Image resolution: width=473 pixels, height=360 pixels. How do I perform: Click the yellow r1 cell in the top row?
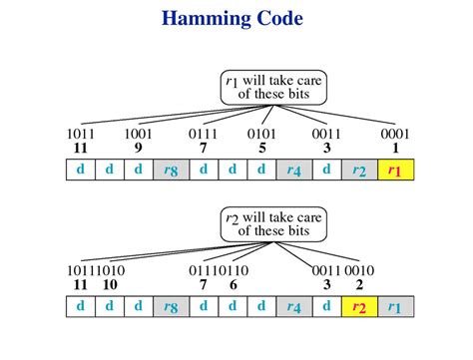[x=395, y=171]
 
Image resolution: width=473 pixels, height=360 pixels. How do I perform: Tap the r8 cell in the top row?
[x=172, y=171]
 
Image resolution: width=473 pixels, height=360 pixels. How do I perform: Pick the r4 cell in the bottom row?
[x=293, y=306]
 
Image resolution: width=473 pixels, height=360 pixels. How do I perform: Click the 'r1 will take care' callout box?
[x=273, y=87]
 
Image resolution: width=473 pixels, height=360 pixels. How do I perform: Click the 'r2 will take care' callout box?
[x=273, y=223]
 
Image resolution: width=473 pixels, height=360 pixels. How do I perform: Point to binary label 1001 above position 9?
[x=139, y=135]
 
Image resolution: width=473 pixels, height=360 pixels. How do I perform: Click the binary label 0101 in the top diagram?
[x=261, y=135]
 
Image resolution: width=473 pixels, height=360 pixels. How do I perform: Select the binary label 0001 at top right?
[x=395, y=135]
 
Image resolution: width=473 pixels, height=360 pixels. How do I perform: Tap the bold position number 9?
[x=139, y=148]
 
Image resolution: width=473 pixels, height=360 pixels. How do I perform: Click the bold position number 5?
[x=261, y=148]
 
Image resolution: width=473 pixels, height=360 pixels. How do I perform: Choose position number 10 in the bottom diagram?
[x=110, y=284]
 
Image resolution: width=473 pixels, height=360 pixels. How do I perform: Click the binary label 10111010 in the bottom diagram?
[x=96, y=270]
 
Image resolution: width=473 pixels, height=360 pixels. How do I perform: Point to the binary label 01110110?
[x=219, y=270]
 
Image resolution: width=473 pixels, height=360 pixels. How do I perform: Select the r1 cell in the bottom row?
[x=395, y=306]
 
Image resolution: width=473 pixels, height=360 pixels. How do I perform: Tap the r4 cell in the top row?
[x=293, y=171]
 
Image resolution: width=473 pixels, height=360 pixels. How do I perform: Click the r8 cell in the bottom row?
[x=172, y=306]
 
